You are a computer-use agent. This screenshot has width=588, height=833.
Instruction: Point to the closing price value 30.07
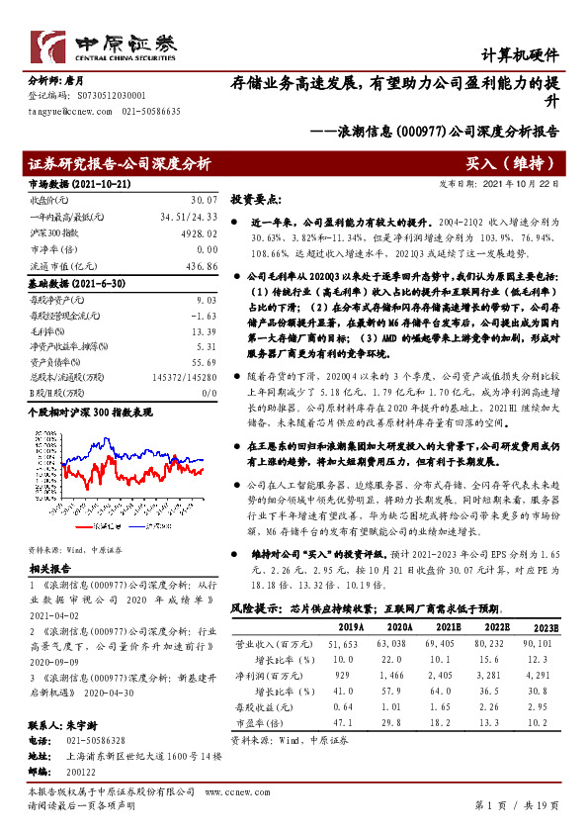(x=203, y=200)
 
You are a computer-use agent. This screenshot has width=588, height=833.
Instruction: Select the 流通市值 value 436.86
(x=201, y=265)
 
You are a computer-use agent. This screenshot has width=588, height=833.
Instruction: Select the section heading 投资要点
(x=256, y=198)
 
